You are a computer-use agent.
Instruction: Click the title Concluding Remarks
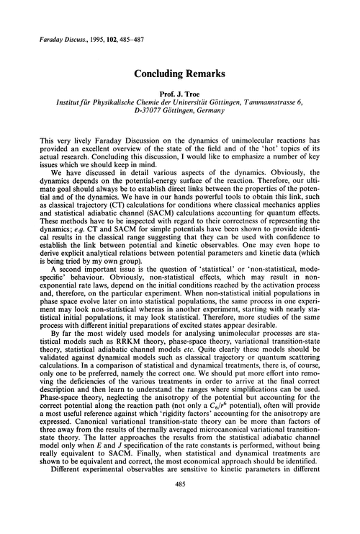pyautogui.click(x=179, y=73)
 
